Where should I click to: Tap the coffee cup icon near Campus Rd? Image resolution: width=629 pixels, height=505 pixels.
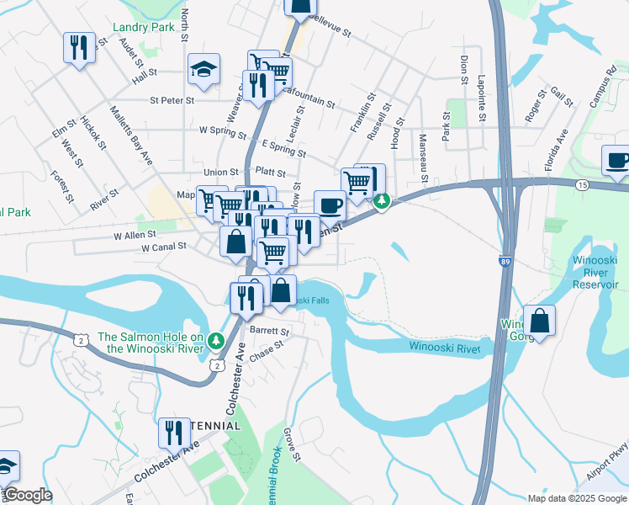tap(615, 160)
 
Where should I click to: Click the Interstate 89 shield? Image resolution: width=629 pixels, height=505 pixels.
tap(504, 262)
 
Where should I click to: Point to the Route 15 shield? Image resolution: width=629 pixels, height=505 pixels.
tap(581, 183)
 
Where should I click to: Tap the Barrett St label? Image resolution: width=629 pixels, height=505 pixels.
tap(268, 332)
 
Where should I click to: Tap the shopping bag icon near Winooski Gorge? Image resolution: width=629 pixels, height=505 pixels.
tap(539, 321)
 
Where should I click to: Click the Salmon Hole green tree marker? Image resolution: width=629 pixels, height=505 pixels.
tap(216, 341)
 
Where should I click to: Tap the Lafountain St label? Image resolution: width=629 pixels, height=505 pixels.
tap(308, 100)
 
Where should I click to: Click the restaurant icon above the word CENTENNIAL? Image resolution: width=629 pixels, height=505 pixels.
tap(174, 433)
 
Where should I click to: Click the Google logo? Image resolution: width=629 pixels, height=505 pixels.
tap(27, 495)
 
